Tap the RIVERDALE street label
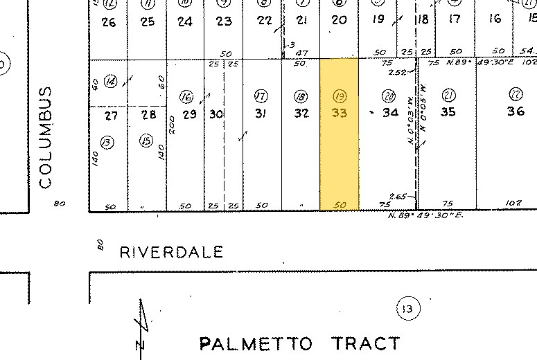pyautogui.click(x=171, y=252)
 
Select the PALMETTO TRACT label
pyautogui.click(x=299, y=343)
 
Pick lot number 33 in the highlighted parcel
pyautogui.click(x=339, y=112)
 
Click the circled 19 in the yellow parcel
pyautogui.click(x=340, y=96)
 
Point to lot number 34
pyautogui.click(x=391, y=112)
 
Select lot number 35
pyautogui.click(x=448, y=112)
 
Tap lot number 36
pyautogui.click(x=516, y=111)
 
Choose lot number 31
pyautogui.click(x=261, y=113)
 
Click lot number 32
pyautogui.click(x=301, y=113)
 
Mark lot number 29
pyautogui.click(x=186, y=114)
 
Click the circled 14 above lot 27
pyautogui.click(x=110, y=82)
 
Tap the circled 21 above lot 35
pyautogui.click(x=449, y=95)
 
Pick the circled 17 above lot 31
pyautogui.click(x=261, y=96)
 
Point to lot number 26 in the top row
pyautogui.click(x=109, y=21)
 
